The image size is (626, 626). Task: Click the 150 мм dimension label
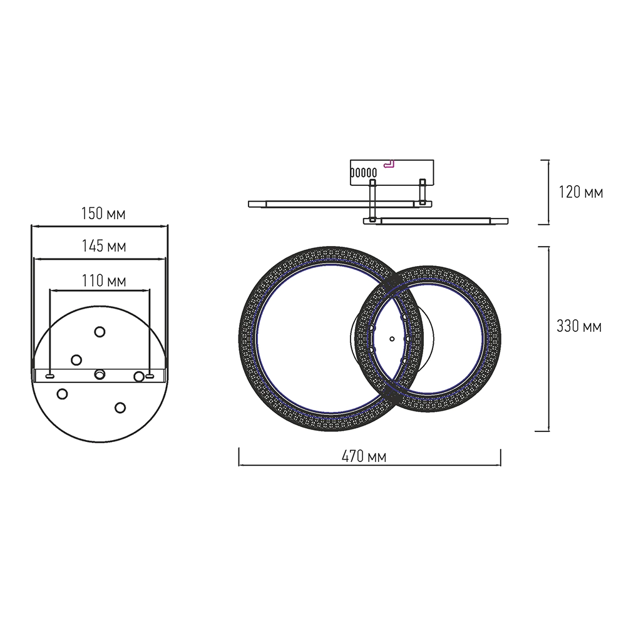[103, 213]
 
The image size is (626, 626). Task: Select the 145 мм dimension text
[104, 246]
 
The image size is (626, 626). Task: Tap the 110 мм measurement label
[104, 280]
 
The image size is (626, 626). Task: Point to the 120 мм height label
[580, 192]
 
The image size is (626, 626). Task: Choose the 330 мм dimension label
[579, 326]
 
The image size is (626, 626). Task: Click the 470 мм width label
[364, 456]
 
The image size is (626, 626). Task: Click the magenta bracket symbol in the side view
[389, 163]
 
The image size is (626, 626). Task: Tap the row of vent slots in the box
[363, 173]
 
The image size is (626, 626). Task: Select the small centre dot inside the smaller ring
[392, 339]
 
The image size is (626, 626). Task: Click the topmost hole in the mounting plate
[100, 332]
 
